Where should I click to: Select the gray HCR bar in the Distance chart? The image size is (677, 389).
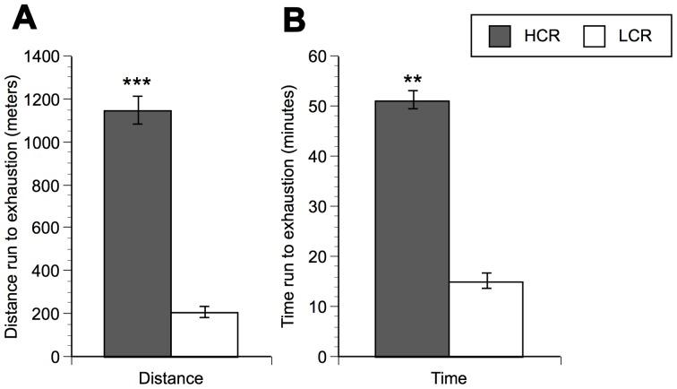click(x=138, y=233)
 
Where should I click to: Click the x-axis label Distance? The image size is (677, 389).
click(x=171, y=377)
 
